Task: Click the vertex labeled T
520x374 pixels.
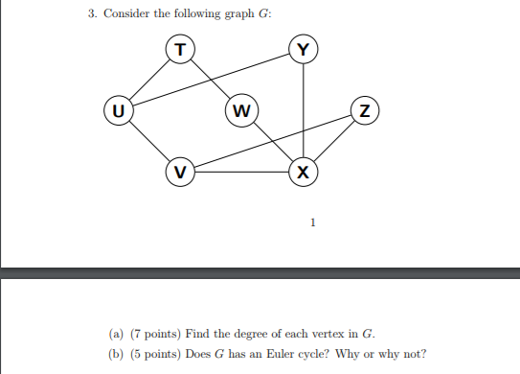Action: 179,48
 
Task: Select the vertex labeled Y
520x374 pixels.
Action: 304,48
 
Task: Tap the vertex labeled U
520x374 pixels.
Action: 117,110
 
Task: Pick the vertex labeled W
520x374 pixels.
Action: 241,110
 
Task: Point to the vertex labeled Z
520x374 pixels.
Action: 365,110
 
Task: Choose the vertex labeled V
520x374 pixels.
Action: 179,173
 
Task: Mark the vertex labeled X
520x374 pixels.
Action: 304,173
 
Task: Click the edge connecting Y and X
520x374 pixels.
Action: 304,110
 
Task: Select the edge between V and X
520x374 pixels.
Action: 241,173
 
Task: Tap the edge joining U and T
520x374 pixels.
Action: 148,79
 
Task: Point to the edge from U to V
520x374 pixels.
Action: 147,142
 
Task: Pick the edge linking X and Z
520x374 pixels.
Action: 334,142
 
